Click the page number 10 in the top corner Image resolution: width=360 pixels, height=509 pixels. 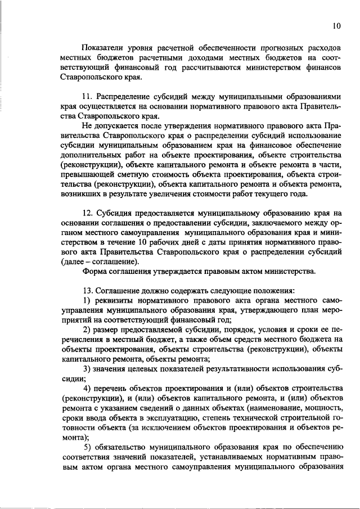[336, 26]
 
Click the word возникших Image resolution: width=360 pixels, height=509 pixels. [82, 193]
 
